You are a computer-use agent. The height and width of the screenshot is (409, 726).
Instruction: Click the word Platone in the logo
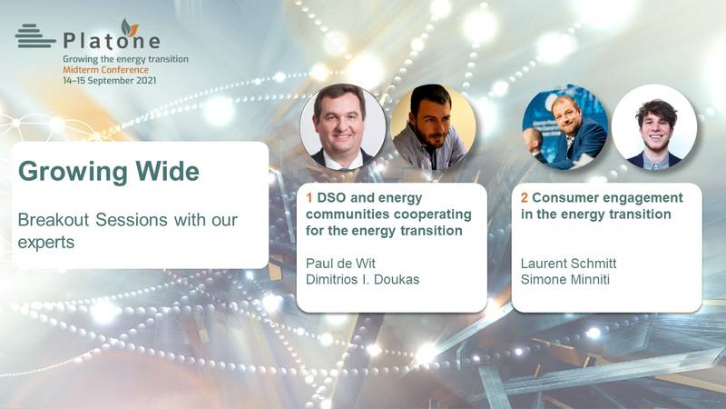click(x=112, y=40)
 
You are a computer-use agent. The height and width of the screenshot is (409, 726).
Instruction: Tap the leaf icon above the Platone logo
click(x=129, y=28)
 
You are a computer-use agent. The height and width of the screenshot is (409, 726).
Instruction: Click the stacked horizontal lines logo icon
click(x=34, y=35)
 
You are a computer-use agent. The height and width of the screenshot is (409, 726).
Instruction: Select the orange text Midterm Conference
click(x=106, y=70)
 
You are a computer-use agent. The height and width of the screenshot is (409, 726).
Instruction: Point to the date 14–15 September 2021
click(x=110, y=80)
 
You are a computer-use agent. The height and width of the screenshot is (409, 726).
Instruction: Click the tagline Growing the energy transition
click(x=126, y=59)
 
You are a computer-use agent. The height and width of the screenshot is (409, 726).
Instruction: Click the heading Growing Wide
click(x=109, y=171)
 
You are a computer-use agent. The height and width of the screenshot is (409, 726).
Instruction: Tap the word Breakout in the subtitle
click(x=54, y=219)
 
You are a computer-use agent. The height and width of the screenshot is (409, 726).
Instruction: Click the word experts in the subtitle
click(x=46, y=243)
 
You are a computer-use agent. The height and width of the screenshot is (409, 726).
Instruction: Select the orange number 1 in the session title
click(x=309, y=197)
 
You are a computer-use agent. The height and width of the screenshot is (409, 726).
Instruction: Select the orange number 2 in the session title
click(x=525, y=197)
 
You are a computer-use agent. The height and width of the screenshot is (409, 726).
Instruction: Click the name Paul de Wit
click(x=340, y=264)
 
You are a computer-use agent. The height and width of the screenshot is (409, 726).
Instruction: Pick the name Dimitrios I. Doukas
click(x=362, y=280)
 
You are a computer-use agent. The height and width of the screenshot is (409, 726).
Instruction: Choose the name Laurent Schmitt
click(x=569, y=264)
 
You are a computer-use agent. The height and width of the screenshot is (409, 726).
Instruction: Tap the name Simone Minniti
click(x=565, y=280)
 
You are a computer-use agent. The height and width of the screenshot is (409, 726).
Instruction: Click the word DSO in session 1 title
click(x=331, y=197)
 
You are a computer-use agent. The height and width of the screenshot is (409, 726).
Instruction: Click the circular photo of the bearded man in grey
click(x=433, y=126)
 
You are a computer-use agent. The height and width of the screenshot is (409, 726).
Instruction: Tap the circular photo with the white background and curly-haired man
click(x=653, y=126)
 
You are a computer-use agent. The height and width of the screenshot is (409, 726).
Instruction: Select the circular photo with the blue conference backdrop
click(x=564, y=126)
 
